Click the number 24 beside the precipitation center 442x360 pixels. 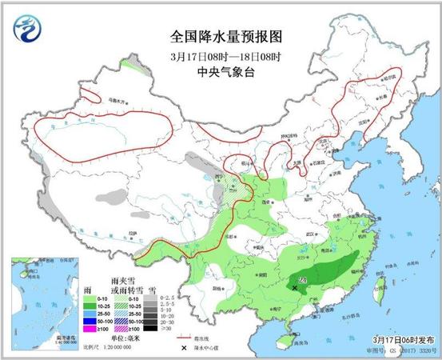pos(301,278)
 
